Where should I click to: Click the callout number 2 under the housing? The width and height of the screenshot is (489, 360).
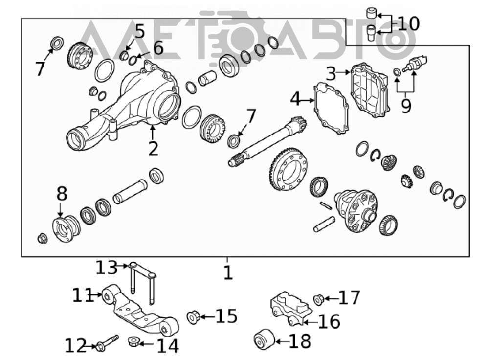click(153, 149)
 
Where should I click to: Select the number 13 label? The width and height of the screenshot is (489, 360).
click(106, 268)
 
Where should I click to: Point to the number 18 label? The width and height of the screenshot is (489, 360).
click(300, 341)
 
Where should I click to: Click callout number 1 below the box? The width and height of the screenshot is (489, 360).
click(228, 272)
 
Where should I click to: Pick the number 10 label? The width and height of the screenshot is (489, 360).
click(408, 23)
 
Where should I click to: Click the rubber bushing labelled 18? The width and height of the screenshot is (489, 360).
click(265, 339)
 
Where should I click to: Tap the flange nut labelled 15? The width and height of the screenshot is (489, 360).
click(193, 317)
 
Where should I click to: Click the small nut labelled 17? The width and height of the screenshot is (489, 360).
click(318, 299)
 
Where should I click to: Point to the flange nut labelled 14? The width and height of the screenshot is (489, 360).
click(133, 341)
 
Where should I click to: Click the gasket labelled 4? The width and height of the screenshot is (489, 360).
click(331, 108)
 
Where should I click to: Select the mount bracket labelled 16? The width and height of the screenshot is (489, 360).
click(291, 309)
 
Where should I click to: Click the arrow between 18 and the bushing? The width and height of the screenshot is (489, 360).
click(283, 341)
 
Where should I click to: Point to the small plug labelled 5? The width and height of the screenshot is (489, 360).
click(124, 56)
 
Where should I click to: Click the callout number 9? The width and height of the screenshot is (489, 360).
click(406, 106)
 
